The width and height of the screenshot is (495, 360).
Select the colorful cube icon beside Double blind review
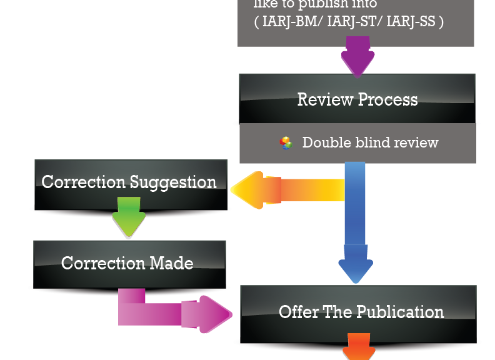286,143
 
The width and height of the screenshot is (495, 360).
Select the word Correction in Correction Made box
100,262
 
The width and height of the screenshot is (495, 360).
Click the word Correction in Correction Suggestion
84,182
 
